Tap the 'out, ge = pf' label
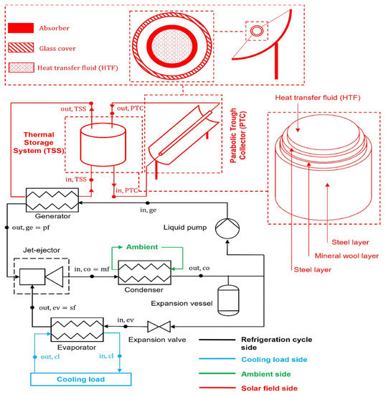31,229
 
